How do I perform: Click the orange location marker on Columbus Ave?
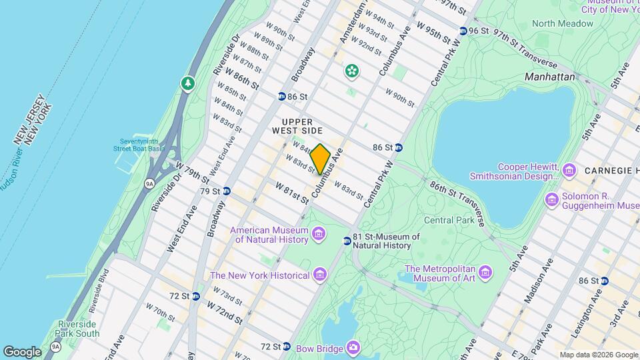tap(320, 159)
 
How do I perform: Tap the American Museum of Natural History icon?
tap(319, 235)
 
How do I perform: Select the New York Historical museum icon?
tap(320, 275)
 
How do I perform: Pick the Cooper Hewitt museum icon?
tap(569, 171)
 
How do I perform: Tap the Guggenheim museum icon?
tap(551, 199)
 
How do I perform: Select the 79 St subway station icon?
tap(227, 191)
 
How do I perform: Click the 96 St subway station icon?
tap(463, 31)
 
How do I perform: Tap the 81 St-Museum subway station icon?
tap(347, 241)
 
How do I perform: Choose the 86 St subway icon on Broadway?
tap(282, 97)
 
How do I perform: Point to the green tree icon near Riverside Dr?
tap(189, 83)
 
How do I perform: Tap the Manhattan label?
tap(549, 77)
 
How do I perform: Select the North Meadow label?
tap(562, 23)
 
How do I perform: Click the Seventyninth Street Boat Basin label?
tap(142, 145)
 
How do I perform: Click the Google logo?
tap(21, 351)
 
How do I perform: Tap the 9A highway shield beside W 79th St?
tap(149, 181)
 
